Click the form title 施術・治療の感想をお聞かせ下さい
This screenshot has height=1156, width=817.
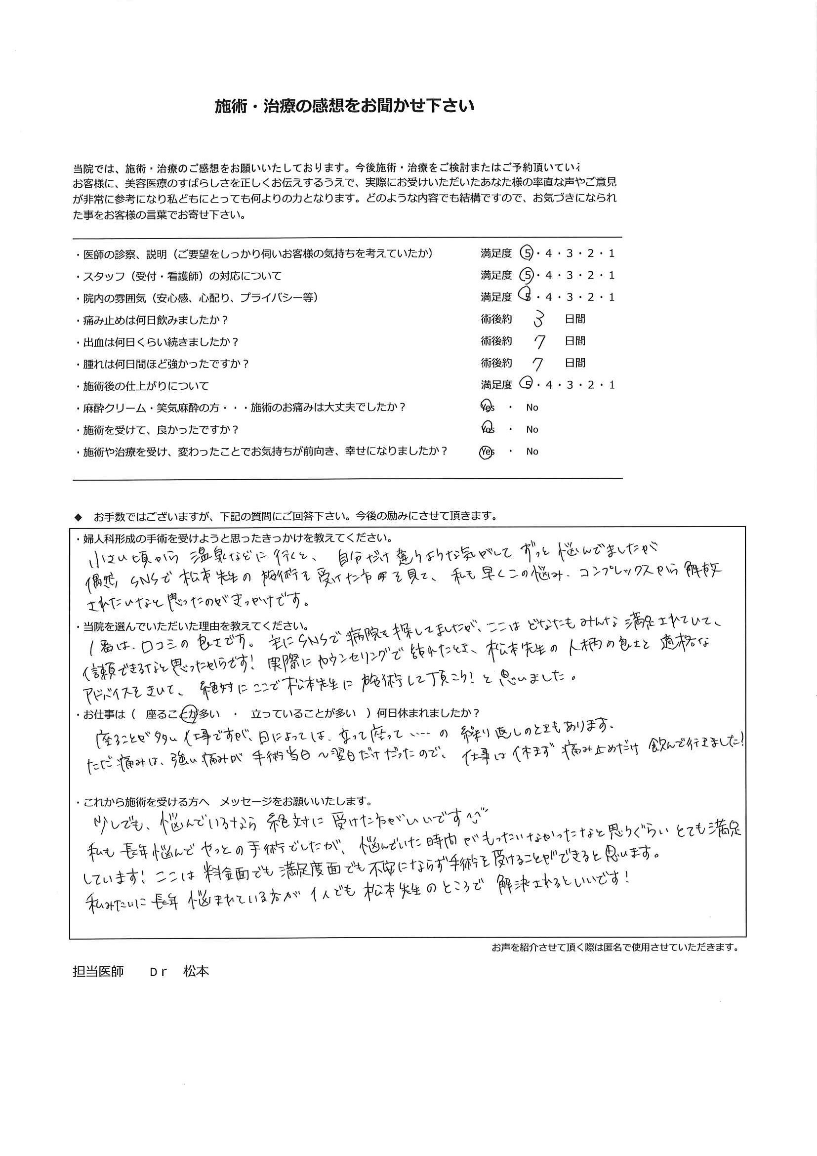coord(344,107)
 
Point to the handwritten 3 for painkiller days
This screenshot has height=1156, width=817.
coord(538,319)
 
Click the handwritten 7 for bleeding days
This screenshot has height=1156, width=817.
coord(539,342)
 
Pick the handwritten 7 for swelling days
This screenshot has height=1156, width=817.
coord(539,364)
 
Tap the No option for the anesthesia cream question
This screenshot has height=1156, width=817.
coord(532,408)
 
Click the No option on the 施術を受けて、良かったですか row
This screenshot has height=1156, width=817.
coord(532,429)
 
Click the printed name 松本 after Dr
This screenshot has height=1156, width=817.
coord(196,972)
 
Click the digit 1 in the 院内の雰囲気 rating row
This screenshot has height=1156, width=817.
coord(612,297)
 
